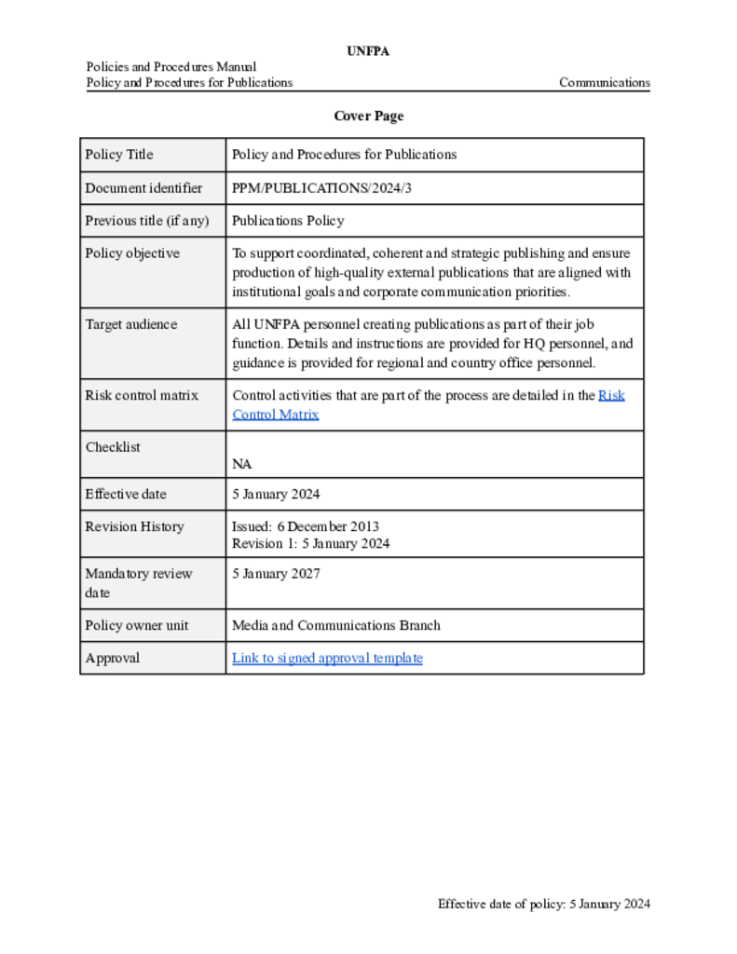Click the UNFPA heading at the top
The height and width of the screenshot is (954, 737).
[x=368, y=51]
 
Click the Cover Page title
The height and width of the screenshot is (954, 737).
[x=368, y=116]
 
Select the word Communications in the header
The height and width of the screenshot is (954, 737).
[x=604, y=83]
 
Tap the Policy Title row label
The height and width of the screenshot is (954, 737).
[x=119, y=155]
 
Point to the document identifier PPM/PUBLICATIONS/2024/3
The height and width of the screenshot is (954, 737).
[x=321, y=188]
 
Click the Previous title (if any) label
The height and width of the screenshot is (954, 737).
[x=147, y=221]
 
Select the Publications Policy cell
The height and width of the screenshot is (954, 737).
[x=288, y=221]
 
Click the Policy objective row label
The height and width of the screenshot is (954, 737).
[x=132, y=253]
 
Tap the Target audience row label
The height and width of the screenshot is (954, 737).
[x=130, y=324]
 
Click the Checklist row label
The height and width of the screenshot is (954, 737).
[x=113, y=447]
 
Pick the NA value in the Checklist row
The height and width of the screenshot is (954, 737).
[x=241, y=464]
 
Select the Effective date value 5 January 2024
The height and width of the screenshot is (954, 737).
[x=276, y=495]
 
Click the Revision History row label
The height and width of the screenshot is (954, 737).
[x=134, y=526]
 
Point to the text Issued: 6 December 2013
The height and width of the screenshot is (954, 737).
[x=306, y=526]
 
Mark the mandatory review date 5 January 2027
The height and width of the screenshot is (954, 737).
[x=276, y=574]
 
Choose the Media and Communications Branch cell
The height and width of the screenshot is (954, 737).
[x=335, y=625]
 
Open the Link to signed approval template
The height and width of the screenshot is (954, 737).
[x=327, y=659]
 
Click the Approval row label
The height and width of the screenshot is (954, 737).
[x=113, y=659]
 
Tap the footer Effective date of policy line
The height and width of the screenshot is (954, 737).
[x=544, y=904]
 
